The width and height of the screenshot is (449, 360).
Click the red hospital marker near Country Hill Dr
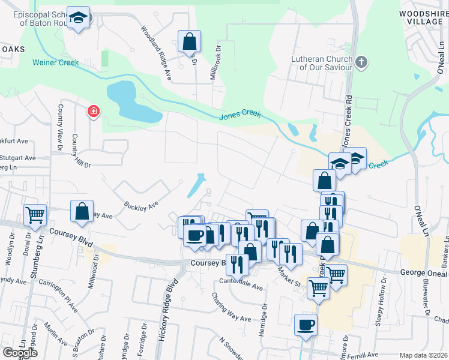93,111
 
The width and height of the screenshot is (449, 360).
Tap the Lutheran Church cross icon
361,62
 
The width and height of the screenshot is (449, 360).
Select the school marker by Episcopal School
78,18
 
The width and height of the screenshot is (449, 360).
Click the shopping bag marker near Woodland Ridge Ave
189,42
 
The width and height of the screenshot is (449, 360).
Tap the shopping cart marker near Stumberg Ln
35,214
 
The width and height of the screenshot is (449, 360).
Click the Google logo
20,352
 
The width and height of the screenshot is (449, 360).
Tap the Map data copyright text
423,355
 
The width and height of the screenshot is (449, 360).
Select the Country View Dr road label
60,124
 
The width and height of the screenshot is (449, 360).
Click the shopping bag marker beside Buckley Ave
82,211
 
